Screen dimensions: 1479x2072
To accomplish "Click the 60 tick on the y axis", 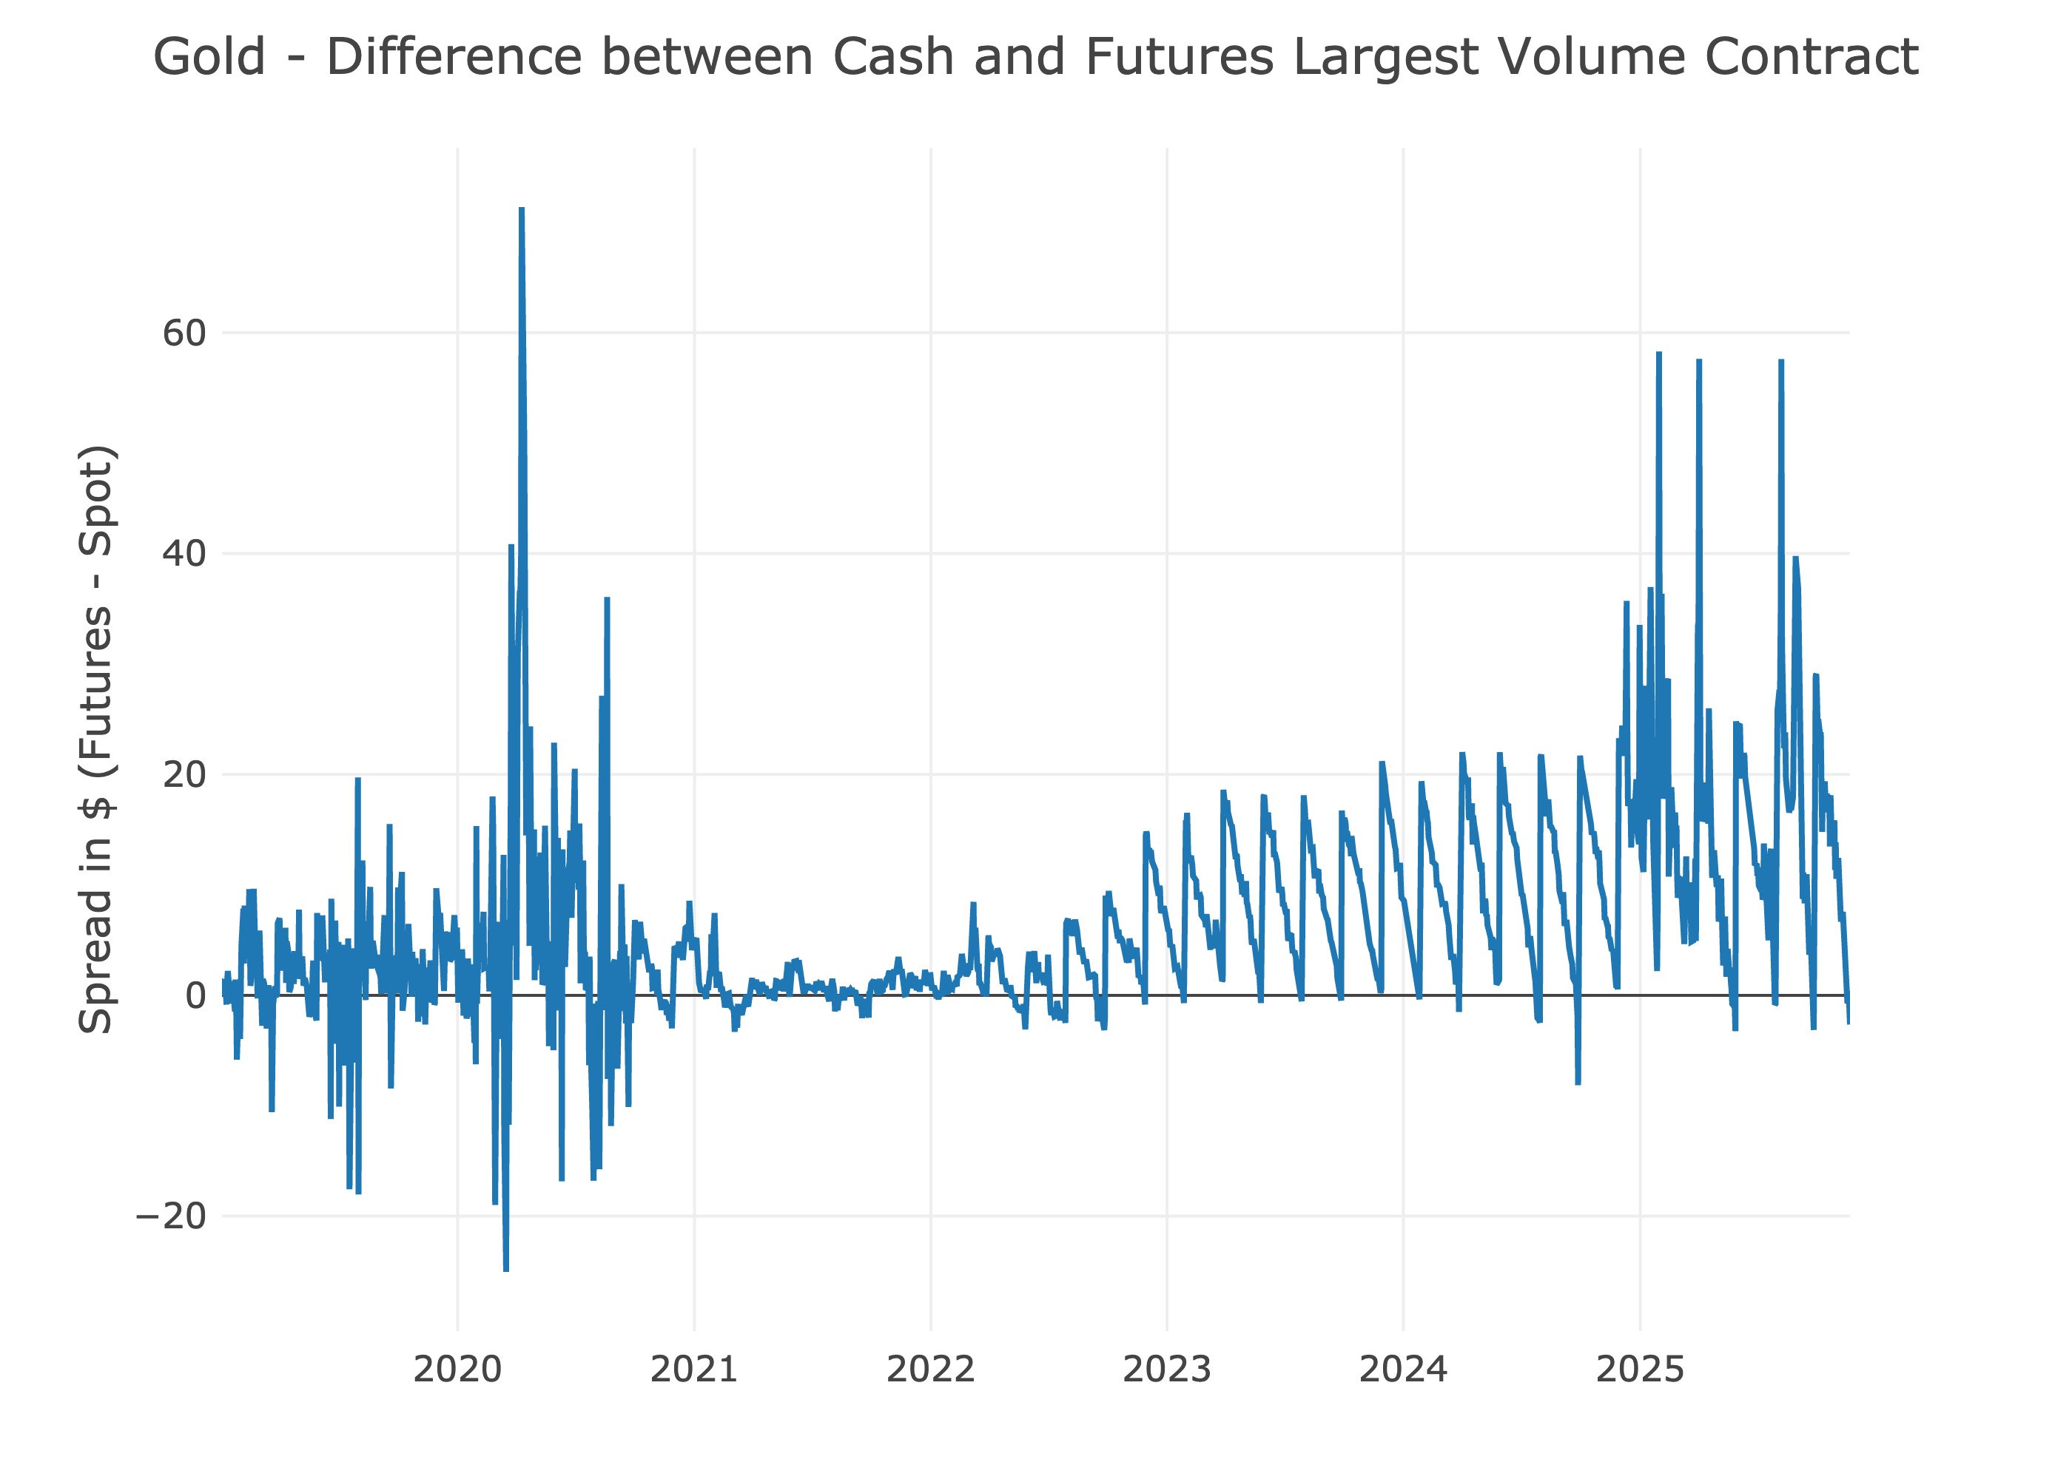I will pos(184,334).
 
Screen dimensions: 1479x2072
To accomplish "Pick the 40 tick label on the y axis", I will pos(184,554).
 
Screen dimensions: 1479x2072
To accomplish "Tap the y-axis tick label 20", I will pos(184,775).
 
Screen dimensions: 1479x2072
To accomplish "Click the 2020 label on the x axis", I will pos(457,1369).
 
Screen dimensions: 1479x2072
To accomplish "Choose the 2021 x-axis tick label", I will pos(694,1369).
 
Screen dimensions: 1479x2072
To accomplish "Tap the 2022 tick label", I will pos(930,1369).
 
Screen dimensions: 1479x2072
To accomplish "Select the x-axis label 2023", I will pos(1167,1369).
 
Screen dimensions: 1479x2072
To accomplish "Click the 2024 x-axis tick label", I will pos(1403,1369).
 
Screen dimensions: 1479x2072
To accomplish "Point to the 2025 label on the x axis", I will pos(1640,1369).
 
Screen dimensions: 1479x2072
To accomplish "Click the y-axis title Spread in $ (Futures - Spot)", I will pos(95,739).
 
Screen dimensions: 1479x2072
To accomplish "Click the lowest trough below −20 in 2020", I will pos(505,1270).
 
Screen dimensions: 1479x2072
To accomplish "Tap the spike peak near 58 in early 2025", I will pos(1658,354).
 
